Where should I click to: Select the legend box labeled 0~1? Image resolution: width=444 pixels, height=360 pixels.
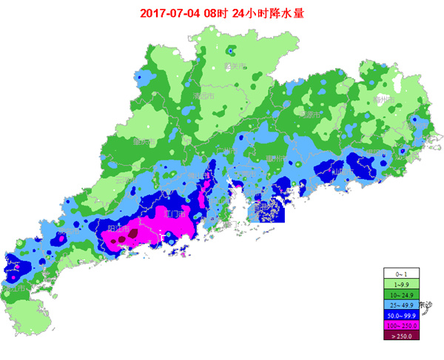[401, 274]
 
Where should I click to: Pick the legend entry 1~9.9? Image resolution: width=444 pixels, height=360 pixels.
[401, 284]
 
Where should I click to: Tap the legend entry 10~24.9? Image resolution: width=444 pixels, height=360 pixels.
[401, 294]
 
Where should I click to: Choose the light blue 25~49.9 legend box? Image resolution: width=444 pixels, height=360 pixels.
[401, 305]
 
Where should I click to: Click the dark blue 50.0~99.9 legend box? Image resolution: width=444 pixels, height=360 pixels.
[401, 315]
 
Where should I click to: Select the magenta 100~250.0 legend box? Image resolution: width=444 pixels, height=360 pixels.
[401, 325]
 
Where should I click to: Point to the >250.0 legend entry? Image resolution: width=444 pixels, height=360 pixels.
[401, 335]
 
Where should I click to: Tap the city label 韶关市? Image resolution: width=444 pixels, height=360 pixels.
[235, 66]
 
